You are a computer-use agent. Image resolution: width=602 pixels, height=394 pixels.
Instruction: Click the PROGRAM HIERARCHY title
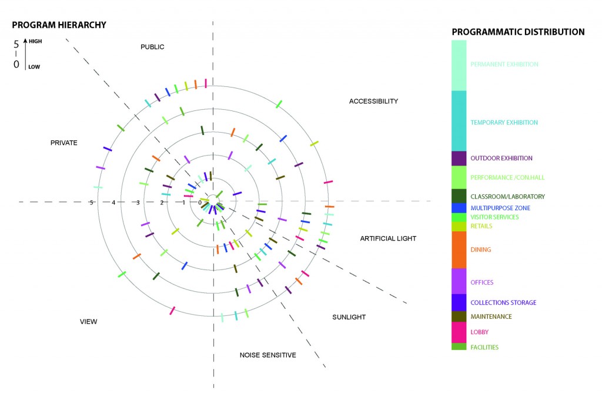tap(59, 25)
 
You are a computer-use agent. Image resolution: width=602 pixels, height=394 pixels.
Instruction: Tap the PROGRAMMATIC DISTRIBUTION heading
tap(518, 32)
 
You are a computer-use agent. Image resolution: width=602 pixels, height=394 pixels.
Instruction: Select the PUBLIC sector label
tap(152, 47)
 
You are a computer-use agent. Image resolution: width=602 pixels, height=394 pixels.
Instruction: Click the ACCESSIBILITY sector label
tap(373, 101)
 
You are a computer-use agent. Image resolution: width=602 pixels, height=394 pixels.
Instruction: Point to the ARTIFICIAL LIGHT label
tap(388, 238)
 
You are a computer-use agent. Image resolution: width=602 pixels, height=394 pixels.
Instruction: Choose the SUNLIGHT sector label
tap(349, 317)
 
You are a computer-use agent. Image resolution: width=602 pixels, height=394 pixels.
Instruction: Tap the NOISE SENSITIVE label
tap(267, 355)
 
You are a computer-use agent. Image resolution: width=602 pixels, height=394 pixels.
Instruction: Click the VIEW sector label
tap(88, 321)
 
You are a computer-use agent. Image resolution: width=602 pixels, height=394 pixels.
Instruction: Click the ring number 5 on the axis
tap(91, 203)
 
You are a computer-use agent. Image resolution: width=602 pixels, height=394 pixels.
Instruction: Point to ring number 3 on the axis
tap(138, 203)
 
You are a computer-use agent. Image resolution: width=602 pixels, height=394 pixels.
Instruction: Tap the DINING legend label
tap(480, 250)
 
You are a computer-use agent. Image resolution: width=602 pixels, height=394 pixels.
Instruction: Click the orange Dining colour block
tap(459, 250)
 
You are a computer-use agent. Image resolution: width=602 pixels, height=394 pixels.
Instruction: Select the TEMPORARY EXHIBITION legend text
tap(504, 123)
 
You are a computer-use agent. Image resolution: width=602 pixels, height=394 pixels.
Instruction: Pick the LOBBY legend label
tap(479, 332)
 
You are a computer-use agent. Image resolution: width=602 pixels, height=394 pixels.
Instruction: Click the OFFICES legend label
tap(481, 282)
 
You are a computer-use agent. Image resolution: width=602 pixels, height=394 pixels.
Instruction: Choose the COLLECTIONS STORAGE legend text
tap(503, 302)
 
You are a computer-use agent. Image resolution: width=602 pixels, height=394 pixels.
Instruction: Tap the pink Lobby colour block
tap(459, 332)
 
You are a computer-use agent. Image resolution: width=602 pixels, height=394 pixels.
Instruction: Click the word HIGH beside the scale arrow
tap(35, 42)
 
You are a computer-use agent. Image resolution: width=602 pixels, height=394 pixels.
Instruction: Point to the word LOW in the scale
tap(34, 66)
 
